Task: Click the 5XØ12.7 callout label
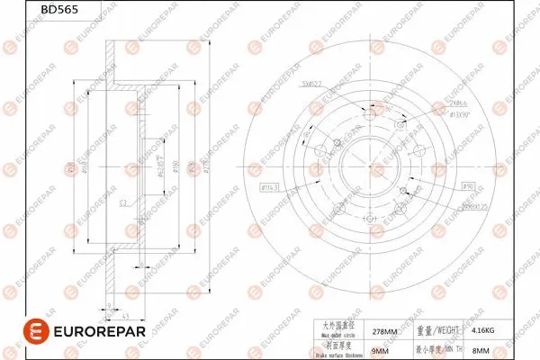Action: pyautogui.click(x=311, y=84)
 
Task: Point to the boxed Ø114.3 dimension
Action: pyautogui.click(x=271, y=187)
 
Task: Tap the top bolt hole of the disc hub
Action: pyautogui.click(x=369, y=111)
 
